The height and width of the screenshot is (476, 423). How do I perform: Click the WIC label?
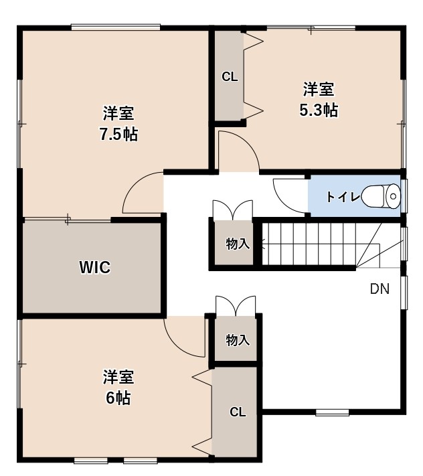tap(94, 267)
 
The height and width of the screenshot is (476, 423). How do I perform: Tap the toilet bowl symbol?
tap(381, 196)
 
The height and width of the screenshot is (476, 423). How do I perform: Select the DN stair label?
tap(379, 289)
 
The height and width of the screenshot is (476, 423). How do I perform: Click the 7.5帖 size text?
tap(119, 134)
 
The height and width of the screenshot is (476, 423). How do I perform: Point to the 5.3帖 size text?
tap(319, 110)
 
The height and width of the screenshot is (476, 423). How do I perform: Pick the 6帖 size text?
tap(118, 398)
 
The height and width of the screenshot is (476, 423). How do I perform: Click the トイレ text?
tap(343, 197)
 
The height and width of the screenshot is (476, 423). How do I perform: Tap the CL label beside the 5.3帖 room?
tap(230, 77)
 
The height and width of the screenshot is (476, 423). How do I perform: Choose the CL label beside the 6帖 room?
tap(238, 412)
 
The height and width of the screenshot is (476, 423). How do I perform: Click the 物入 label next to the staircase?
tap(238, 244)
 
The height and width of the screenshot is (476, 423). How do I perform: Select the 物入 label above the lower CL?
tap(238, 340)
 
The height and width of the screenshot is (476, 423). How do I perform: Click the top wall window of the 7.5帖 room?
tap(116, 27)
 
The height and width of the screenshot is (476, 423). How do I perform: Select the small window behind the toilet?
tap(404, 195)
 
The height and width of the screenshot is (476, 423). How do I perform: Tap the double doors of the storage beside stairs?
tap(233, 210)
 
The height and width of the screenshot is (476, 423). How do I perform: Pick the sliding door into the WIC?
tap(68, 219)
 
